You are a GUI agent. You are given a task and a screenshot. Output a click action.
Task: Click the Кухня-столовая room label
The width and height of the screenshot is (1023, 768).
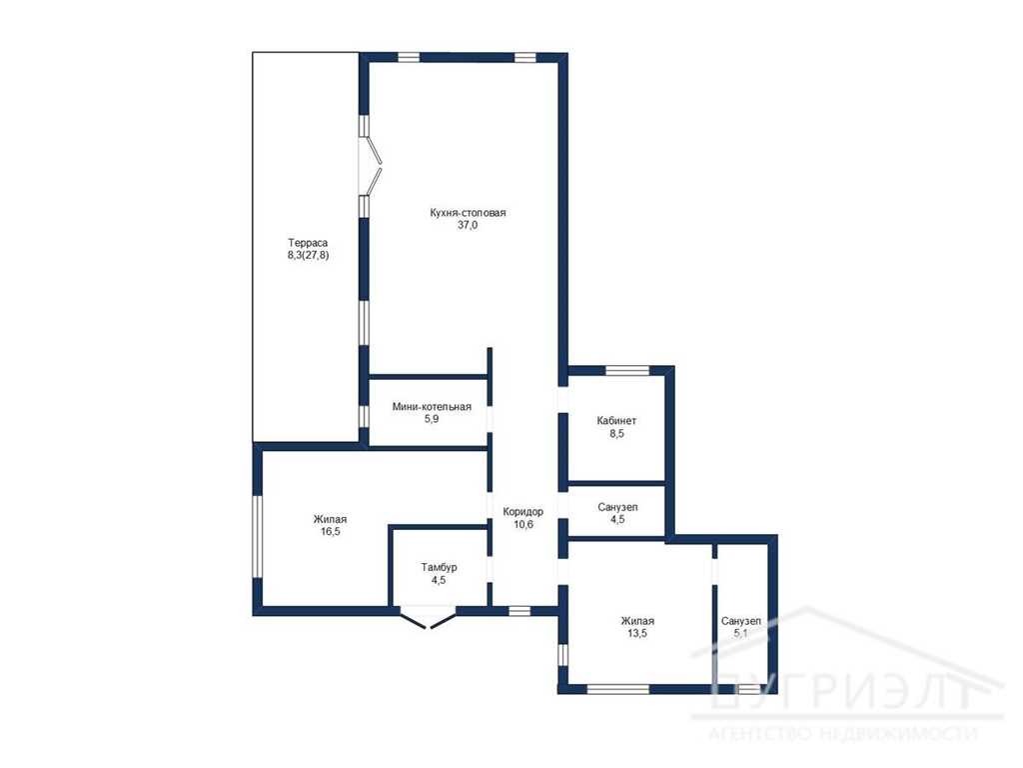coord(468,213)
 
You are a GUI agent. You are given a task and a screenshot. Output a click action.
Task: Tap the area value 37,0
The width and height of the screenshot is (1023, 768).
coord(468,225)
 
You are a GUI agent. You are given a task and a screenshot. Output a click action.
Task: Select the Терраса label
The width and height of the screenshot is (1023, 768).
coord(308,243)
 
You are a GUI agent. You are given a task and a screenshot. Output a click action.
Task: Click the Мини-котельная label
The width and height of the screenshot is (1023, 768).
coord(432,407)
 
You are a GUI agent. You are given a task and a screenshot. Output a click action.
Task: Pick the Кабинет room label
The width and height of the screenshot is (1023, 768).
coord(616,421)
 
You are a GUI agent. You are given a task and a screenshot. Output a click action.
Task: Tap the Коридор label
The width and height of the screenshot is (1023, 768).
coord(523,511)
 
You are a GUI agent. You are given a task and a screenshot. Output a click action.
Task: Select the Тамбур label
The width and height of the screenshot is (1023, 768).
coord(439,567)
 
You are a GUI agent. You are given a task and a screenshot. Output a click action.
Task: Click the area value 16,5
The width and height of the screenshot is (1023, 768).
coord(330,532)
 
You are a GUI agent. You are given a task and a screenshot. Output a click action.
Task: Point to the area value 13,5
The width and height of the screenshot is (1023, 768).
coord(636,633)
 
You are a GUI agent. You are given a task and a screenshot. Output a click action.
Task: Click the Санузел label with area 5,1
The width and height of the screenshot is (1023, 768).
coord(740,621)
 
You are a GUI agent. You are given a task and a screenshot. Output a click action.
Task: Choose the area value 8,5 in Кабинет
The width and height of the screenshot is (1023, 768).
coord(616,433)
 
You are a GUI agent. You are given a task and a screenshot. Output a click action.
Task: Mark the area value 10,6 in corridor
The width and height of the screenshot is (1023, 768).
coord(523,524)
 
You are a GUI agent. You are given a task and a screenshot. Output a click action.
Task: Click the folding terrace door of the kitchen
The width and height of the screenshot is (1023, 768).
coord(372,165)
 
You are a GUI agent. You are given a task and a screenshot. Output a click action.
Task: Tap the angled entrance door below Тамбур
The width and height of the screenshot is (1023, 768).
coord(428,619)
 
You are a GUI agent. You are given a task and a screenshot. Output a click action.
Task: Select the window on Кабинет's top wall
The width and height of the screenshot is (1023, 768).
coord(627,371)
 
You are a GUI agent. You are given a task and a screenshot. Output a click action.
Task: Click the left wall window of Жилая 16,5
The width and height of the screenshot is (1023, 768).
coord(258,537)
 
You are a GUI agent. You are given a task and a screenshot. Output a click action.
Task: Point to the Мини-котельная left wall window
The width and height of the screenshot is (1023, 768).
coord(364,417)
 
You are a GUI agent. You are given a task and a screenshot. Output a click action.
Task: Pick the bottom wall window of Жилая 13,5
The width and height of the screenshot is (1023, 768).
coord(617,688)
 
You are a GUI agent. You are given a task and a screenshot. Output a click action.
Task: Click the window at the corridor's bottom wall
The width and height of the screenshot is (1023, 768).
coord(519,611)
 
